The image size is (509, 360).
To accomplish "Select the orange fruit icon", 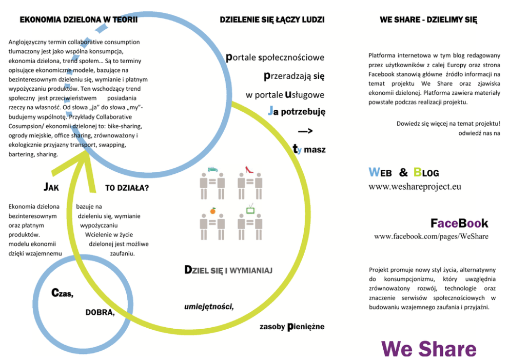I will (212, 210).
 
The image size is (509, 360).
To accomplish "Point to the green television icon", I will (250, 209).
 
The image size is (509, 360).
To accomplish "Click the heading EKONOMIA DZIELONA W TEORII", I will (79, 20).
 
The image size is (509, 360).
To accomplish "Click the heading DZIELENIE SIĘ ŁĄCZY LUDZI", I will (272, 20).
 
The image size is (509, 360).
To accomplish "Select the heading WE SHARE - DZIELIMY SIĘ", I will (428, 20).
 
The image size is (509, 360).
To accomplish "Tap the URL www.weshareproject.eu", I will (415, 187).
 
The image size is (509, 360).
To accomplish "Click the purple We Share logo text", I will (429, 349).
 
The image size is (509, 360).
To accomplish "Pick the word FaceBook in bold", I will (459, 224).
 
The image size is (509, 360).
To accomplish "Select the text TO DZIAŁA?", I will (127, 188).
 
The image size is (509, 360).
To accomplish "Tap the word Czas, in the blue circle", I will (63, 293).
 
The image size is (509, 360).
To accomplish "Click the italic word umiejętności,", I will (209, 307).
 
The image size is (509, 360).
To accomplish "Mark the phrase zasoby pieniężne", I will (292, 326).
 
